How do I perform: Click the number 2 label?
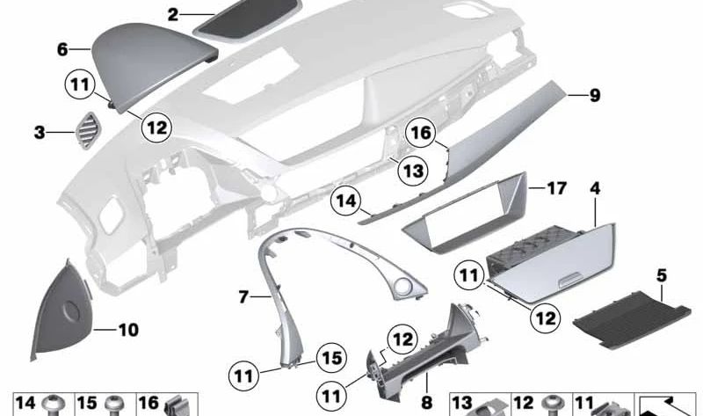click(x=173, y=15)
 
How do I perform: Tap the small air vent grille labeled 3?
click(x=91, y=132)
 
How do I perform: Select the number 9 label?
click(x=595, y=95)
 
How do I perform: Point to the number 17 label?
click(x=557, y=188)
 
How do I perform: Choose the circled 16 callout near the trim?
click(x=421, y=133)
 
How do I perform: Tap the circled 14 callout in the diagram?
click(x=348, y=203)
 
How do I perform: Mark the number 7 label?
click(x=245, y=297)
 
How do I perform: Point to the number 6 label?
click(x=62, y=50)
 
